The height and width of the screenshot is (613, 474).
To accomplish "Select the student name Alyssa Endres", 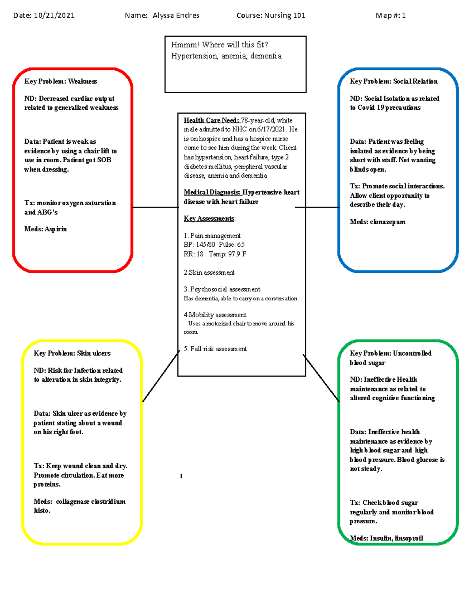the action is (176, 16).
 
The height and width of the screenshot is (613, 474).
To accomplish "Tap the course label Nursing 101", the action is (284, 16).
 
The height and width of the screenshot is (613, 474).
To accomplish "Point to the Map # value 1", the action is (404, 16).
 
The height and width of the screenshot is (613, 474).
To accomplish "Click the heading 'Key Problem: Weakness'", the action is (60, 81).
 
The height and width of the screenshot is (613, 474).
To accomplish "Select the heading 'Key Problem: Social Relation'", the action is (393, 81).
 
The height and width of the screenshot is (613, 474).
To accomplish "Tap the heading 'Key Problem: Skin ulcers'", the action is (72, 353).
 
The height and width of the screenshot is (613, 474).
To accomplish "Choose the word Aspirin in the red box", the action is (56, 229).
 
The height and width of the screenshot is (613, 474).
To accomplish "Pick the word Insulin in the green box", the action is (381, 538).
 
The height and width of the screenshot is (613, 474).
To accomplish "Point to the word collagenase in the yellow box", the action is (72, 502).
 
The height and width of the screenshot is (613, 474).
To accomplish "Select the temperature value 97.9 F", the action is (237, 254).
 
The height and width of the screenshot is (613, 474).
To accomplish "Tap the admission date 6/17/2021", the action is (271, 129).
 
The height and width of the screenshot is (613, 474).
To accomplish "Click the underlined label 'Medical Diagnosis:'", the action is (212, 192).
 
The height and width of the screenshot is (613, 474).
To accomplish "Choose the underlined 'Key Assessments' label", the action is (209, 219).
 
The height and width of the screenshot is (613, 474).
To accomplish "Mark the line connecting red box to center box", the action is (155, 207).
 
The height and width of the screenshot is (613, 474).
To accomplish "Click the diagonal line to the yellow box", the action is (161, 377).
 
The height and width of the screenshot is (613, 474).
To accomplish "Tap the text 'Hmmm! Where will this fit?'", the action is (220, 45).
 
